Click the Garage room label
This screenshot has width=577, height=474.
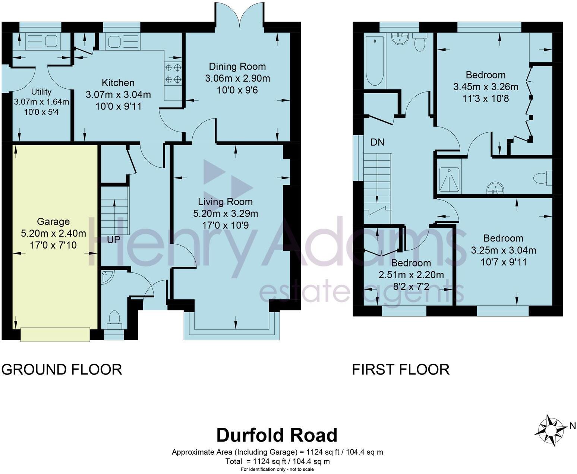[53, 222]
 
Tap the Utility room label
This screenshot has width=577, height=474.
[41, 92]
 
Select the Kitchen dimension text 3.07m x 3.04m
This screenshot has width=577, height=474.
[118, 95]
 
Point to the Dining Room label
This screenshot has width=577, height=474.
[237, 67]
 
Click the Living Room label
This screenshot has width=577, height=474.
[225, 202]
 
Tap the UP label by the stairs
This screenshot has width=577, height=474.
[113, 240]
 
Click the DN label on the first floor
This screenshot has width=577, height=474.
[377, 142]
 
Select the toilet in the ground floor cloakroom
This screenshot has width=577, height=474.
[114, 319]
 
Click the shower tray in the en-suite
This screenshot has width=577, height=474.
[450, 180]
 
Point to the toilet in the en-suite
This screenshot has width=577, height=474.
[542, 178]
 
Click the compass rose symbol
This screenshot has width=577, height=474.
[550, 430]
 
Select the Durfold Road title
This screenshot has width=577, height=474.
[277, 435]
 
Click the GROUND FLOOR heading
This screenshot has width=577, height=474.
[62, 370]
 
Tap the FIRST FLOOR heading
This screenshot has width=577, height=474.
[401, 370]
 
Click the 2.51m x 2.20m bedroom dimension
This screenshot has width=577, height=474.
[411, 275]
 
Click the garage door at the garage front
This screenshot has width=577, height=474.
[55, 334]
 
